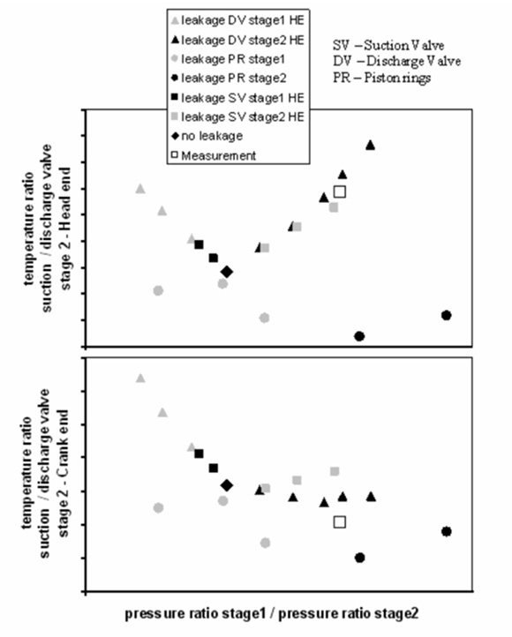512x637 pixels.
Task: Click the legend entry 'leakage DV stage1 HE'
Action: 238,20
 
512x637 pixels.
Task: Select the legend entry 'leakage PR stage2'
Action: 230,78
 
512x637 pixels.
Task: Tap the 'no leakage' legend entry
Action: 207,136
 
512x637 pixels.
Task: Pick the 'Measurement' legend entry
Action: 214,155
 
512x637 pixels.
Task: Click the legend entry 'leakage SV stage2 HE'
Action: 238,117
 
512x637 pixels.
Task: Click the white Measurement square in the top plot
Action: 340,191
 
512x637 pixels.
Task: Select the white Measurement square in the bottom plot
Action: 340,522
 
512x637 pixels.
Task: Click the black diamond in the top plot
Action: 227,272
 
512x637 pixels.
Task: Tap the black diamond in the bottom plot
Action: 227,485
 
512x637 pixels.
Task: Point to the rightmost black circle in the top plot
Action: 446,315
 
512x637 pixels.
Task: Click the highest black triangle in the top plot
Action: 370,145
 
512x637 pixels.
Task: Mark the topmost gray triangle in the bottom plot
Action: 140,378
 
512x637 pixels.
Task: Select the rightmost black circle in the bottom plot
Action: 446,531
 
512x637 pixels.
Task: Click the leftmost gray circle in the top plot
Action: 158,290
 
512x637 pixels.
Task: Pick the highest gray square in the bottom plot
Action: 335,471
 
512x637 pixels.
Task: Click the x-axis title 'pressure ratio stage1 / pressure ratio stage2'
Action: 271,613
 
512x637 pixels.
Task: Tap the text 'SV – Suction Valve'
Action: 388,45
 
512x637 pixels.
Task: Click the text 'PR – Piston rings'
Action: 382,77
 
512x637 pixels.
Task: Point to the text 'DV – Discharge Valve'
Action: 397,62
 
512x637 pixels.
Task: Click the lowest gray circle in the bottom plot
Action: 265,543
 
